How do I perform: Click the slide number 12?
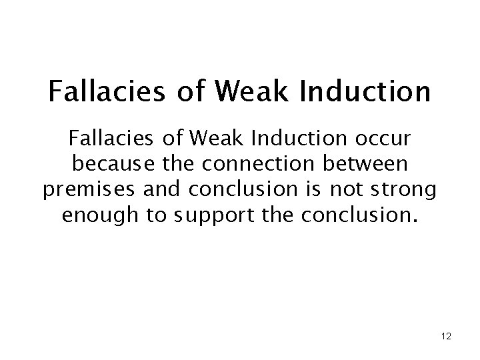tap(446, 337)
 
